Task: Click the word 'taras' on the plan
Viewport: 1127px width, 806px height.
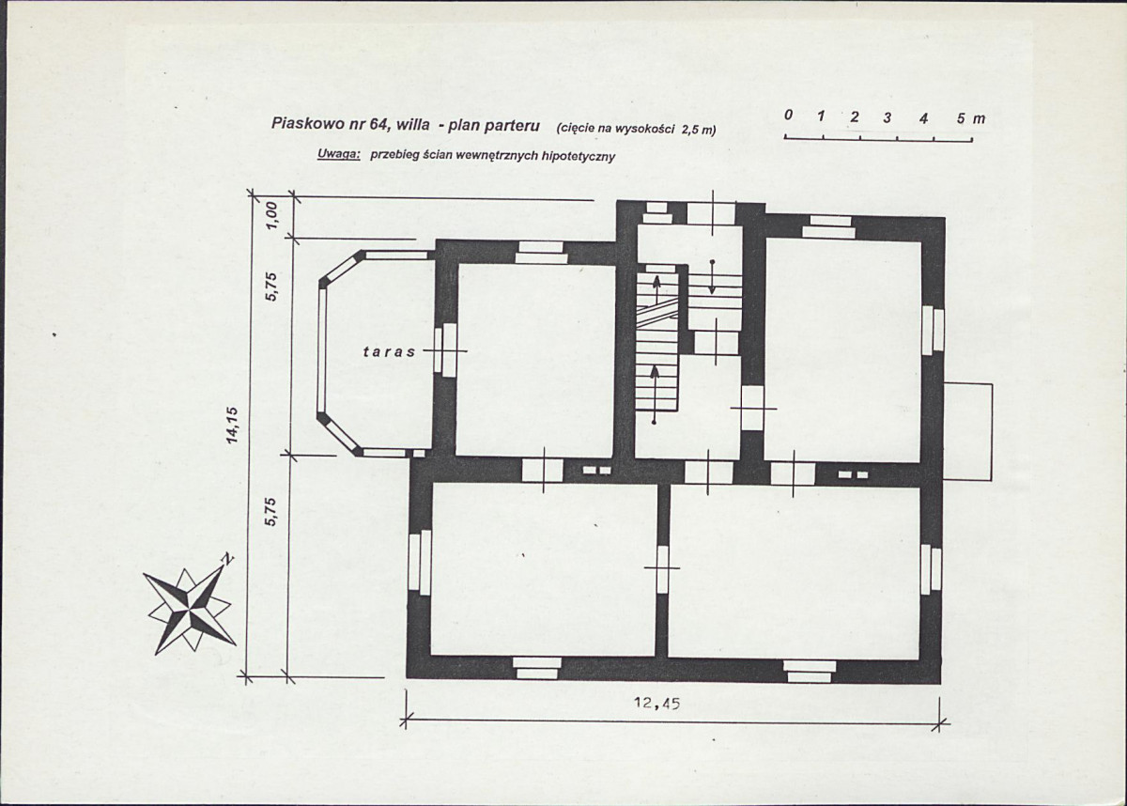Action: [x=390, y=351]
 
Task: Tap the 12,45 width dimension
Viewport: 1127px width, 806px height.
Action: [x=657, y=704]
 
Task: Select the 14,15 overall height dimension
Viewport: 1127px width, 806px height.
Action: [x=232, y=426]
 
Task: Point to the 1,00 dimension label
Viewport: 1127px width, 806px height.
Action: [x=271, y=215]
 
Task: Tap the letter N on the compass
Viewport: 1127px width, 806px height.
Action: [x=228, y=559]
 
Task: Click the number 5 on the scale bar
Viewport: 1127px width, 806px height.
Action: [x=961, y=118]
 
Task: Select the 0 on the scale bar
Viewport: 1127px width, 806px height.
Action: [x=788, y=115]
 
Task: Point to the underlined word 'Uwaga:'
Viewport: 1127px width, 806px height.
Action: [x=338, y=154]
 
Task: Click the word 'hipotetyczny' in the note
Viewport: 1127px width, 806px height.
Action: [x=578, y=157]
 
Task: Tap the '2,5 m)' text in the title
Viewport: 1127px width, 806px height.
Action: [x=698, y=130]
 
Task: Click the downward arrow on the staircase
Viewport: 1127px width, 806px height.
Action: [x=712, y=277]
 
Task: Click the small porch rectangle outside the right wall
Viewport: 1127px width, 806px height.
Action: [x=967, y=432]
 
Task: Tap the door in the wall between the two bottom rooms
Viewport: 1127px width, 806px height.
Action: [x=662, y=568]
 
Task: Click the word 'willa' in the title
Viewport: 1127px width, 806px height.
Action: [x=413, y=124]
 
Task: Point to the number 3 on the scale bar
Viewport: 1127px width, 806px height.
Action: [x=887, y=117]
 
